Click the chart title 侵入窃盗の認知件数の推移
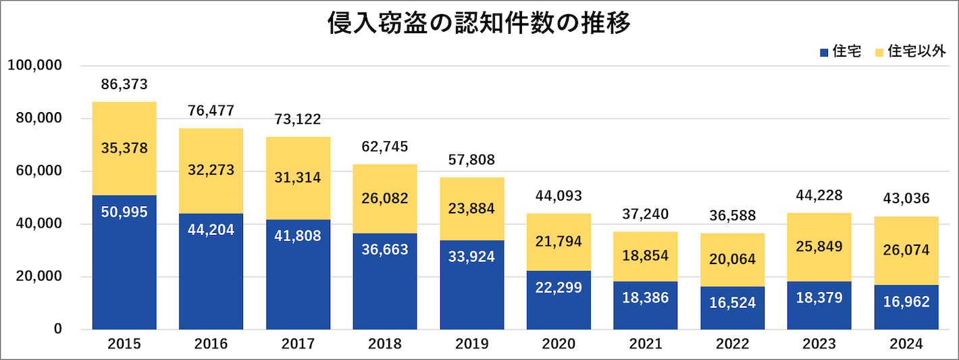pyautogui.click(x=479, y=24)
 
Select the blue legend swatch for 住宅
pyautogui.click(x=823, y=52)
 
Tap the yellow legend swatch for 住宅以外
pyautogui.click(x=879, y=52)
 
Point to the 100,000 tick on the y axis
pyautogui.click(x=34, y=66)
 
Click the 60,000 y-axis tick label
pyautogui.click(x=38, y=171)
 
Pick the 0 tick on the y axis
pyautogui.click(x=58, y=329)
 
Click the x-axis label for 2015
pyautogui.click(x=124, y=344)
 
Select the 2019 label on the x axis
pyautogui.click(x=471, y=344)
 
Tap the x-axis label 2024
pyautogui.click(x=906, y=344)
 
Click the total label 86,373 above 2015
pyautogui.click(x=124, y=84)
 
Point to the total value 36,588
pyautogui.click(x=732, y=216)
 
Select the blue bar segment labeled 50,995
pyautogui.click(x=124, y=263)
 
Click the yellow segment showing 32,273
pyautogui.click(x=211, y=171)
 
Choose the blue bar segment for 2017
pyautogui.click(x=298, y=275)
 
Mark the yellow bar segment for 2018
pyautogui.click(x=385, y=199)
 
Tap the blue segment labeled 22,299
pyautogui.click(x=559, y=301)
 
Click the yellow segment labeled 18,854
pyautogui.click(x=645, y=257)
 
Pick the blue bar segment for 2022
pyautogui.click(x=732, y=308)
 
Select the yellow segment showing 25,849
pyautogui.click(x=819, y=247)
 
